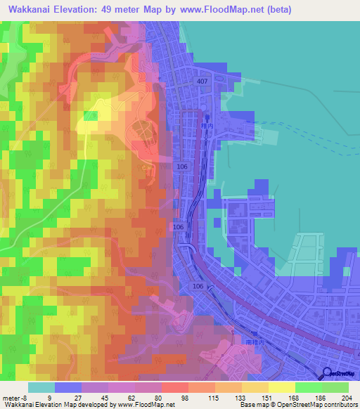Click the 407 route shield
(x=203, y=82)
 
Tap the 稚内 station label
(x=205, y=126)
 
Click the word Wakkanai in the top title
(x=31, y=10)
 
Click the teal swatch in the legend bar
(x=41, y=387)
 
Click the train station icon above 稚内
(x=207, y=118)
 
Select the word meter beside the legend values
(x=10, y=398)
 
